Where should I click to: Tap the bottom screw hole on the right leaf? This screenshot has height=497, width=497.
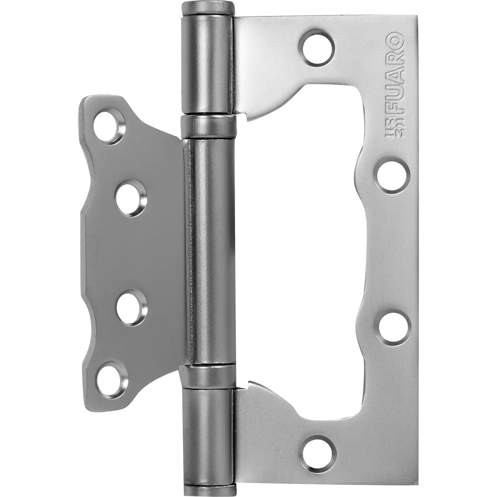click(x=318, y=452)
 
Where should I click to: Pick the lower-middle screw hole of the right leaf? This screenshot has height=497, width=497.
click(x=392, y=327)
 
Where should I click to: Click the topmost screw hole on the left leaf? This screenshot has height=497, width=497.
click(x=110, y=127)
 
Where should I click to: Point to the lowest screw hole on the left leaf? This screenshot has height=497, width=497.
click(x=110, y=381)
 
